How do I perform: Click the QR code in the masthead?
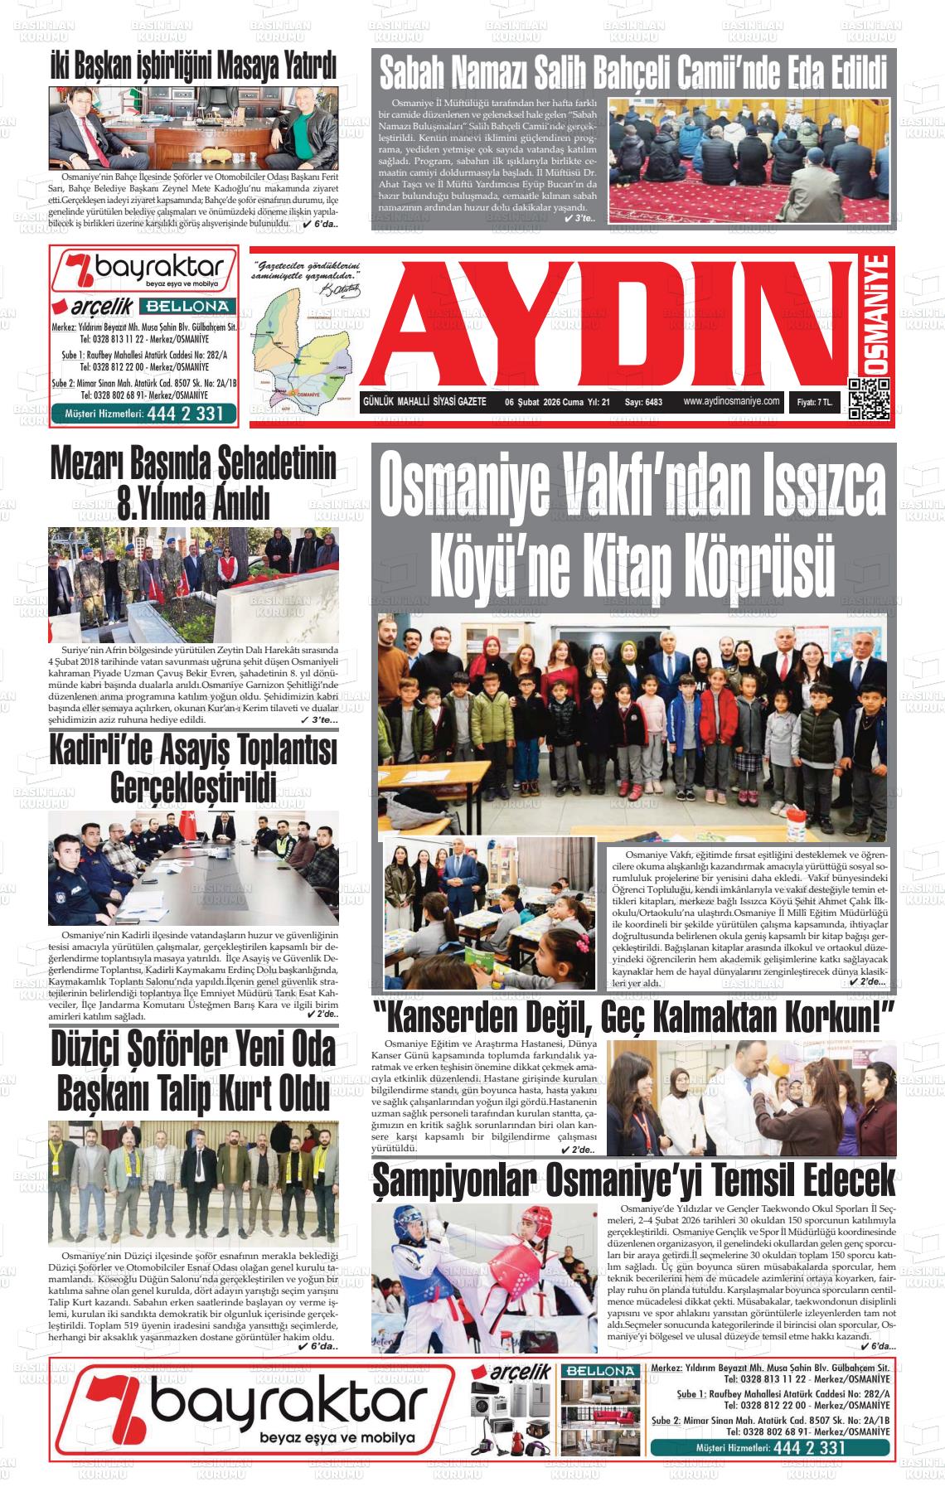869,399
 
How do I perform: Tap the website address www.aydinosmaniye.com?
731,401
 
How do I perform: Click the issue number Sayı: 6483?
644,402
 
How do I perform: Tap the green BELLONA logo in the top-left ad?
198,305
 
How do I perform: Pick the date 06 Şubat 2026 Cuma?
543,402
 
